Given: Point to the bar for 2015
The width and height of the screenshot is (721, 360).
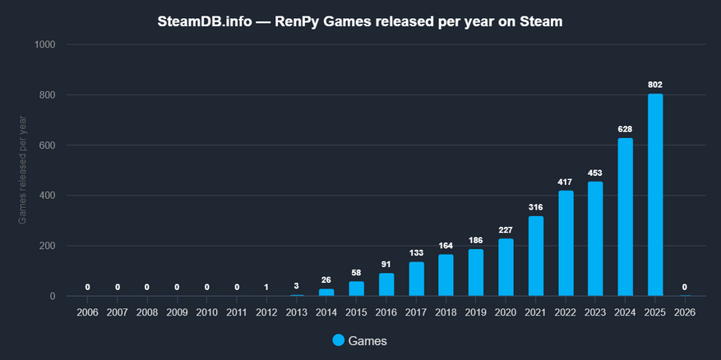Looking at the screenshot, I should (356, 288).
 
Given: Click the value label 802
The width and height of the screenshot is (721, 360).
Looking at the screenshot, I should (655, 85).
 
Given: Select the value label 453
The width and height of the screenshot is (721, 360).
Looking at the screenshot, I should (595, 173).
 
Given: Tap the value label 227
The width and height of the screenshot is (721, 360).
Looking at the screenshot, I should (506, 229).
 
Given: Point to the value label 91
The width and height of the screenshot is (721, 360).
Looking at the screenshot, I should (386, 264).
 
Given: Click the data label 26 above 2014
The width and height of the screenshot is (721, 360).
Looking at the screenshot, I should (326, 280).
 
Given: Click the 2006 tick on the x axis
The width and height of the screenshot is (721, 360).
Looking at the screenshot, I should (87, 312).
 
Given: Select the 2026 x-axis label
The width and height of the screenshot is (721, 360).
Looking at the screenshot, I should (685, 312).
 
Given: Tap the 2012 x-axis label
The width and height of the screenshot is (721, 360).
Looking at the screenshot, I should (266, 312).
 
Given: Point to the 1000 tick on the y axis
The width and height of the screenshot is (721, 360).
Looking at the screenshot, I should (44, 44).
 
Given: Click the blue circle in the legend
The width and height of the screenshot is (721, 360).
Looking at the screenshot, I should (340, 340).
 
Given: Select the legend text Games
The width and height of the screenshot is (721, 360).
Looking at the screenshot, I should (368, 340).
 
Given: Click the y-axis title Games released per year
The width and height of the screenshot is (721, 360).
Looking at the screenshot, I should (22, 171).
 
